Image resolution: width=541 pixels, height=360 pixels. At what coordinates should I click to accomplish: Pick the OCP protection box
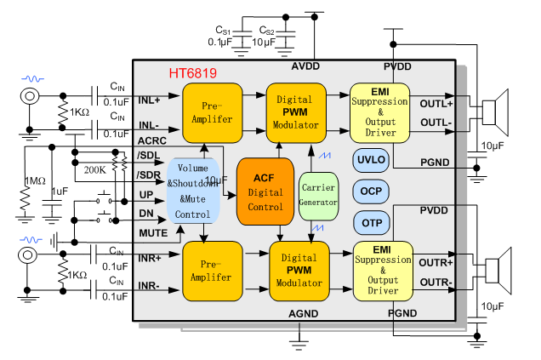click(x=371, y=191)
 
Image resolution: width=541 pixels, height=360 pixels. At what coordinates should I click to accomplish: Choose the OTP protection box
click(x=371, y=222)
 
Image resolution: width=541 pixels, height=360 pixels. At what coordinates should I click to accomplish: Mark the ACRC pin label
click(x=151, y=140)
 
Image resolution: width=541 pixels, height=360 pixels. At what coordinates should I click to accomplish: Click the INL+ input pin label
click(x=150, y=100)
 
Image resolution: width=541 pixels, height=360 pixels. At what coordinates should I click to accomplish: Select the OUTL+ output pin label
click(x=436, y=103)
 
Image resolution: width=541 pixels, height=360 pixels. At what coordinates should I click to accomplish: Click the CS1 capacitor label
click(x=225, y=29)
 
